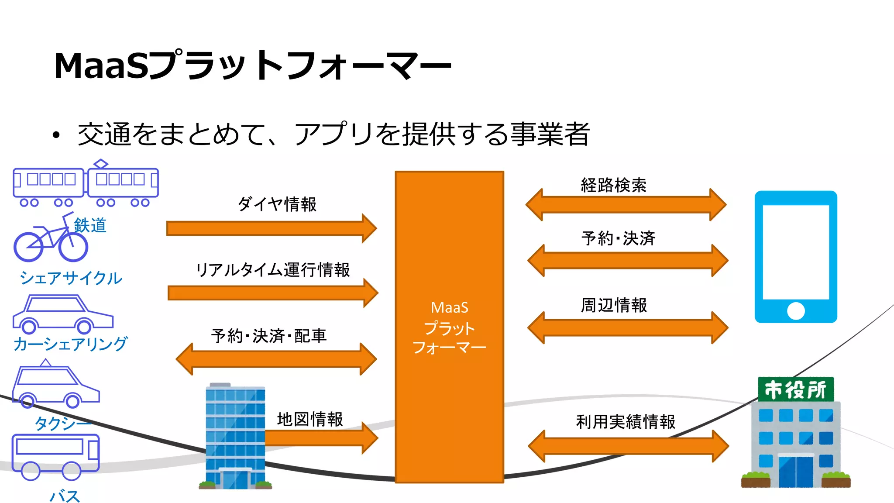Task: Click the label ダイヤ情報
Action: (277, 204)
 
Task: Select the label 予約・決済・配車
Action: (269, 336)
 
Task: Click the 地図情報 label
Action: (310, 419)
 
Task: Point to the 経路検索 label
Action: (613, 186)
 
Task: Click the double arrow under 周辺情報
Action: (627, 327)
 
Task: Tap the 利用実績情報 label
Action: (626, 422)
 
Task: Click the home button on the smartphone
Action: (795, 311)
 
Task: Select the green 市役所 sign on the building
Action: (795, 389)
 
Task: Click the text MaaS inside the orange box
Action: (449, 308)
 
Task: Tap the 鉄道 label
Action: (90, 225)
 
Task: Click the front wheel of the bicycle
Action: (73, 247)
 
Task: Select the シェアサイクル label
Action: (71, 278)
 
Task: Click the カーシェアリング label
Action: (70, 344)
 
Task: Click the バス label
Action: (64, 496)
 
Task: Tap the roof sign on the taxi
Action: (45, 363)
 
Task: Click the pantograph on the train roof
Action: (101, 164)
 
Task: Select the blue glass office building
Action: (235, 437)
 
